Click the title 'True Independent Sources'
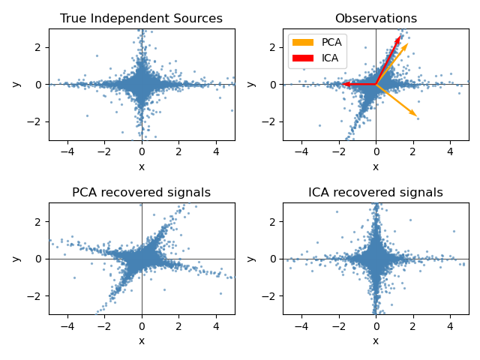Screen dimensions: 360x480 point(141,19)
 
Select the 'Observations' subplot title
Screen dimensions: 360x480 point(376,19)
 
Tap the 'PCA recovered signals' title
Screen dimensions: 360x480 point(141,193)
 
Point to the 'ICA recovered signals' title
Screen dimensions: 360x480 point(376,193)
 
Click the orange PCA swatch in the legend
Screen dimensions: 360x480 point(303,43)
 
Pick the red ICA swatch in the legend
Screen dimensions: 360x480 point(303,57)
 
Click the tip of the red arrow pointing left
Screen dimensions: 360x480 point(342,84)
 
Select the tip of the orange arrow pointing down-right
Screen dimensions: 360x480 point(416,116)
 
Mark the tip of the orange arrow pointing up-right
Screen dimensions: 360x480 point(408,43)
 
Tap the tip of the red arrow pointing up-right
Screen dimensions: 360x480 point(400,35)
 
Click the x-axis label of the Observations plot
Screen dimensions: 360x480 point(376,166)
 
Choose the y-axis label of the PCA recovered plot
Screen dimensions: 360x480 point(16,258)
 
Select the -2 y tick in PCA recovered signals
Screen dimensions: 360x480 point(39,295)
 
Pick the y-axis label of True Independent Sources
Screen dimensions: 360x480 point(16,84)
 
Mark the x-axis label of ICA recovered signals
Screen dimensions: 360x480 point(376,340)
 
